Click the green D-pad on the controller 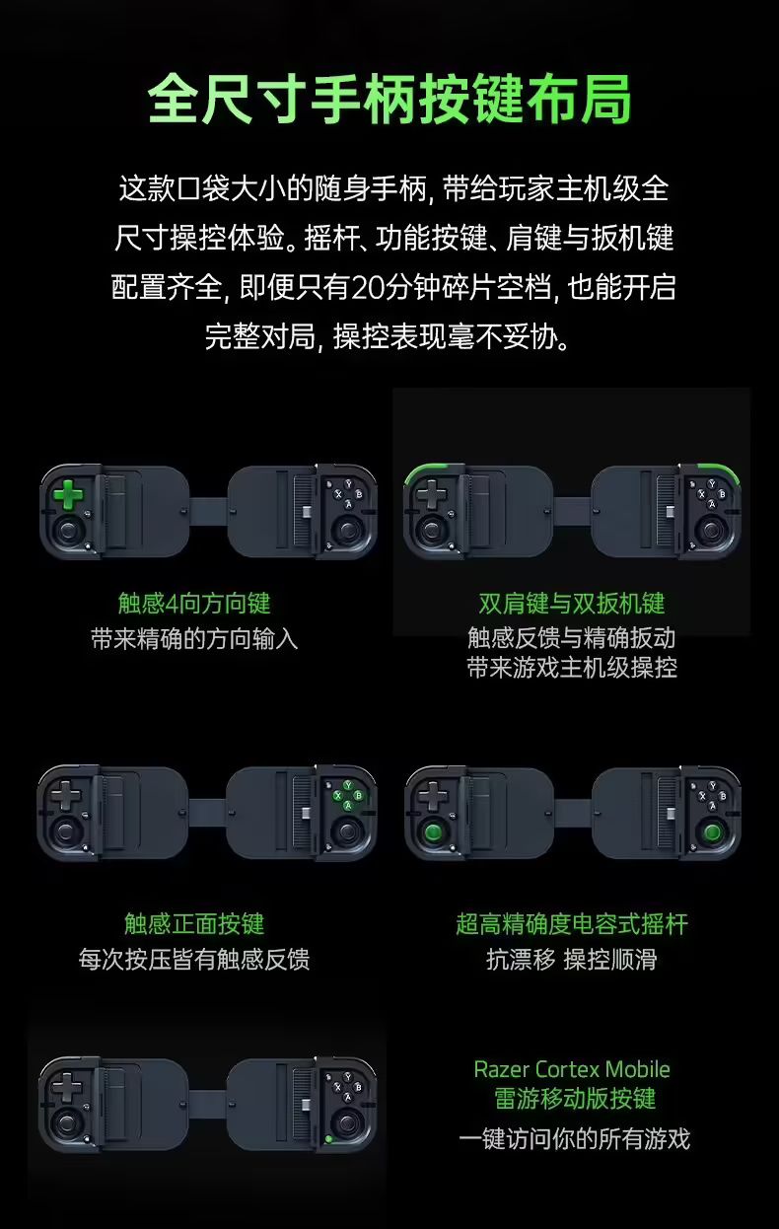(68, 494)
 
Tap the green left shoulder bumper (434, 471)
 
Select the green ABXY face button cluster (348, 795)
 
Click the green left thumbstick (434, 832)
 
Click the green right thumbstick (712, 832)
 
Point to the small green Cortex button (328, 1138)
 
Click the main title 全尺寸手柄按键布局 (389, 100)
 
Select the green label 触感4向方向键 (194, 604)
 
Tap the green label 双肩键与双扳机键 (572, 604)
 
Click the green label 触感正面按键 (194, 923)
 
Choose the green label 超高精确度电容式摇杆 (572, 923)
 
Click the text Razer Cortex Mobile (572, 1069)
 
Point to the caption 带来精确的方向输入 (194, 639)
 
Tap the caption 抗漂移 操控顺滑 (572, 959)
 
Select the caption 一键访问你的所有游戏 (574, 1138)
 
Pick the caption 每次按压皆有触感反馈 (194, 959)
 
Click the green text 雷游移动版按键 (575, 1099)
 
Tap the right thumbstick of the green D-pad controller (348, 531)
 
